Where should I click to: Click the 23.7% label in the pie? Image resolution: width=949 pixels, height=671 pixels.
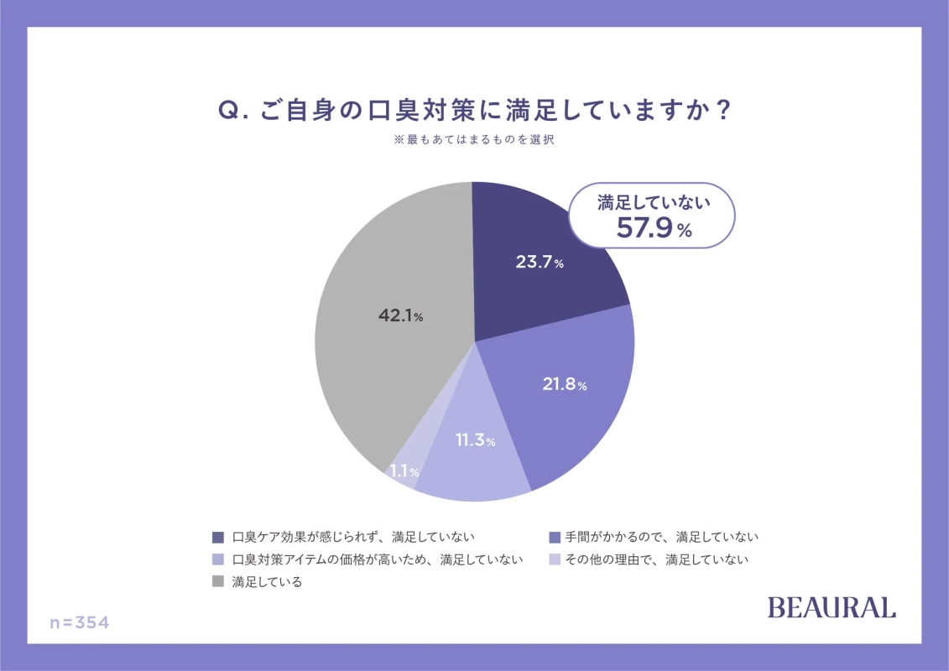(539, 262)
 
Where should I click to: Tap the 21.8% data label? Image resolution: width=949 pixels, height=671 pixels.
(562, 385)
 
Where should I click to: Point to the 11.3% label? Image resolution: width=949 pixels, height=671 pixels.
(475, 440)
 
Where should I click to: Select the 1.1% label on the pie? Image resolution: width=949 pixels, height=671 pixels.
(404, 471)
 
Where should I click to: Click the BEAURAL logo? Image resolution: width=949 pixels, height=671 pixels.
(832, 608)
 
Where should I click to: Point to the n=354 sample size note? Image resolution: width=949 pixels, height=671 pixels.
(80, 623)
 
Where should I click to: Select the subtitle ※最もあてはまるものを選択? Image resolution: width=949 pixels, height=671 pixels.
(474, 141)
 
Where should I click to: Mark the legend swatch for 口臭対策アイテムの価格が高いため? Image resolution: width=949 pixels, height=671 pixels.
(218, 559)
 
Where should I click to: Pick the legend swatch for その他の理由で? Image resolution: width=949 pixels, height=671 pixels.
(553, 559)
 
